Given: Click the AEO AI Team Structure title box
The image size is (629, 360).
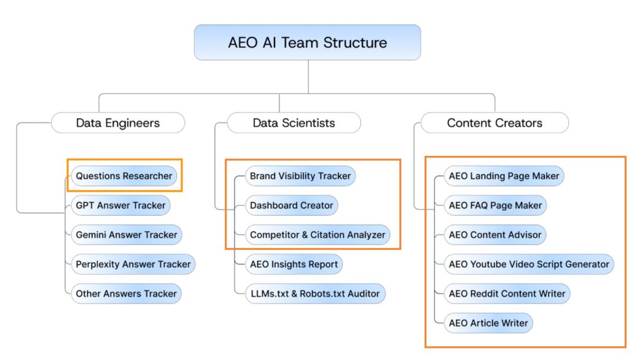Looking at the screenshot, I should [307, 42].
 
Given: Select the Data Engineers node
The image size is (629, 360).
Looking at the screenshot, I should [118, 123].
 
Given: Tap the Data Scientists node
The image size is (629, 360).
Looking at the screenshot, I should [294, 123].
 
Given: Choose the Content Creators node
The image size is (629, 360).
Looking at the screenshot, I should [494, 123].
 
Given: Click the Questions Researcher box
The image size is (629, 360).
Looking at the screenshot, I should [124, 176].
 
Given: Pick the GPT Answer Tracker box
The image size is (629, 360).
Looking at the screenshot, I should [120, 205].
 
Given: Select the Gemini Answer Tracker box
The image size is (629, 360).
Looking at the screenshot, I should [127, 235].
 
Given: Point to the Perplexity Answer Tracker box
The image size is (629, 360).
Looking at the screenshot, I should [133, 264].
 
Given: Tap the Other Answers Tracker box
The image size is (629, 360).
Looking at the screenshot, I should [127, 294].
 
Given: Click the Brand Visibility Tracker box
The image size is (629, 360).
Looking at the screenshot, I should [300, 176].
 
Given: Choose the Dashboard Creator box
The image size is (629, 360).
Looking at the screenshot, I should [292, 205].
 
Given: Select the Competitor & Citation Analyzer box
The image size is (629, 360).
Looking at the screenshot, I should [318, 235].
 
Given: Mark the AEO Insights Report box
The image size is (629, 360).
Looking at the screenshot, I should [294, 264].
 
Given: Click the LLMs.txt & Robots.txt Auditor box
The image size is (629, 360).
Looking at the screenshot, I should [314, 294].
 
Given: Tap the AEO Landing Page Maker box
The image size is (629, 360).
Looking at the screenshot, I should [504, 176].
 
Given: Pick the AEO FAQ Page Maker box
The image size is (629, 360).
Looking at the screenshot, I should [495, 205].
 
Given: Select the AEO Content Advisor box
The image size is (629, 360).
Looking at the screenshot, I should [495, 235].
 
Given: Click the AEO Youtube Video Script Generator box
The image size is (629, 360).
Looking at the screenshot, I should [529, 264].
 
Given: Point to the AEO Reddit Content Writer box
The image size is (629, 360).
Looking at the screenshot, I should [507, 294].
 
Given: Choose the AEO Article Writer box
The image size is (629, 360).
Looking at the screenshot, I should [488, 323].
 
